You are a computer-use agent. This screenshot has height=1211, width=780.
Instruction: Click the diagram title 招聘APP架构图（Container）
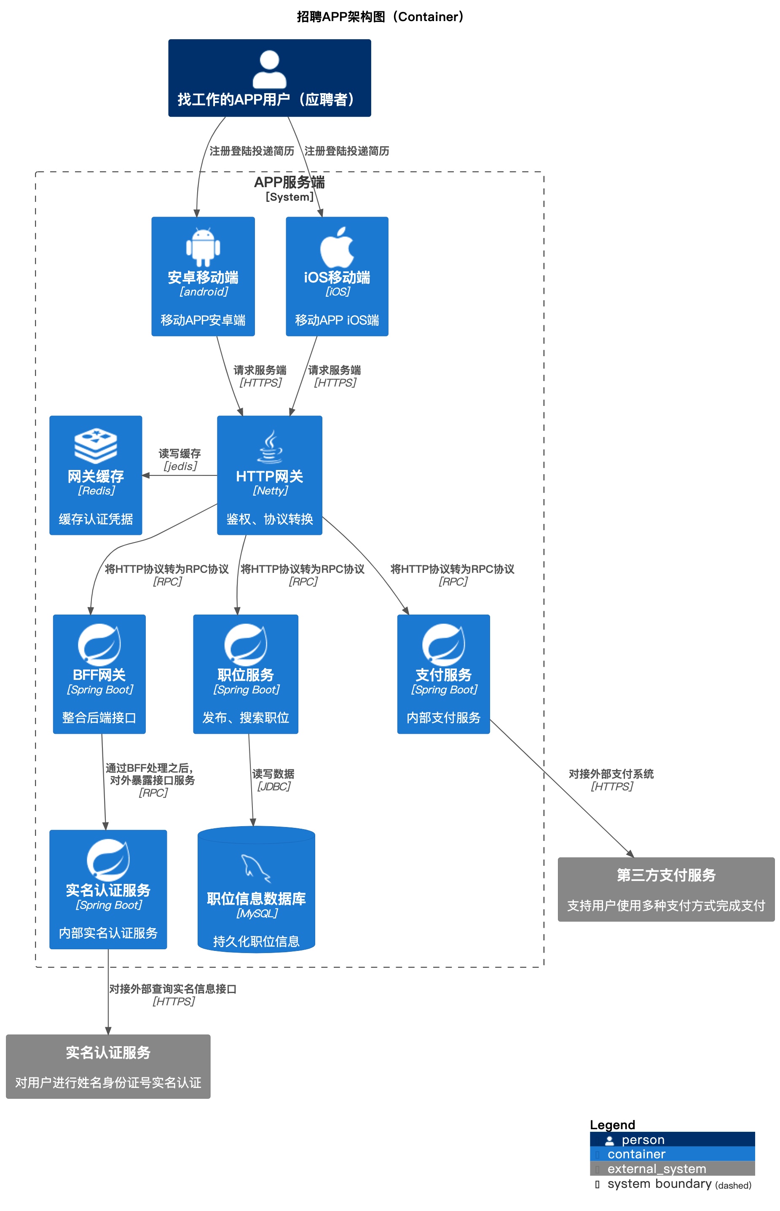point(380,17)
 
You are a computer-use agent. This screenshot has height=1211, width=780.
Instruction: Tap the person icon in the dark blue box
point(269,70)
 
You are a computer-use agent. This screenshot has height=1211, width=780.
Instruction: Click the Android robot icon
point(203,247)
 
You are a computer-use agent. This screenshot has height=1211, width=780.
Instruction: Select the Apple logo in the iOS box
point(337,247)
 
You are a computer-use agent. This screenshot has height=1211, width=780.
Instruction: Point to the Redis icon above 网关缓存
point(96,446)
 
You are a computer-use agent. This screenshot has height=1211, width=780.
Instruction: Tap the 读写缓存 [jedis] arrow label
point(180,459)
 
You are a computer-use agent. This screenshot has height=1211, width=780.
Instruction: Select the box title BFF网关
point(99,675)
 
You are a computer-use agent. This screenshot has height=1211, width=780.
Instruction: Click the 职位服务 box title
point(246,675)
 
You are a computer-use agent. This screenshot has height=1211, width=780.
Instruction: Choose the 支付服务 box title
point(444,675)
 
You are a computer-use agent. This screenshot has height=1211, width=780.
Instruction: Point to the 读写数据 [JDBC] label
point(273,780)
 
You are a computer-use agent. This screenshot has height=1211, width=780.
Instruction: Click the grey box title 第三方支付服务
point(666,875)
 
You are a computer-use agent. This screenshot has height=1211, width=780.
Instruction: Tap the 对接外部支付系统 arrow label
point(611,774)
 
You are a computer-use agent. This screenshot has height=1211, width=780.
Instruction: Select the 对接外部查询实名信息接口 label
point(173,989)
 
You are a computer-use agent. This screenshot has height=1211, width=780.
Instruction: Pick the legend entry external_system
point(657,1168)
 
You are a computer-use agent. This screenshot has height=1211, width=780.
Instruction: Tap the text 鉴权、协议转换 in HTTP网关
point(269,519)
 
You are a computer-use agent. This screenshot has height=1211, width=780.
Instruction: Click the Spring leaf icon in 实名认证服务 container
point(108,859)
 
